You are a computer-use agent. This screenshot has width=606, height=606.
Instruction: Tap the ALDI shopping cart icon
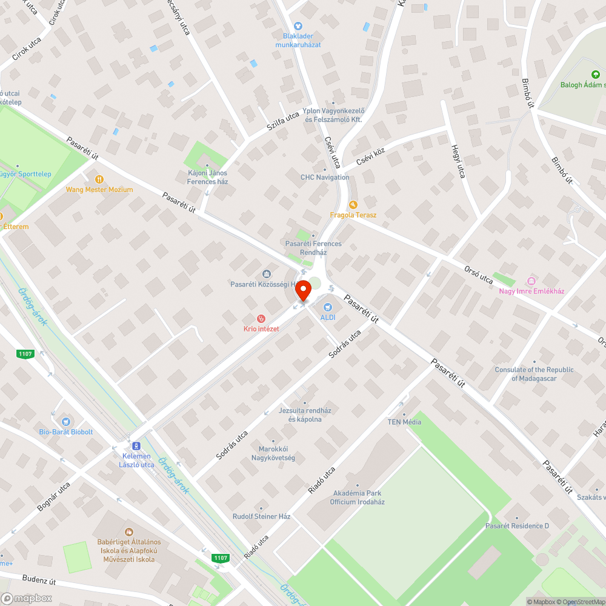328,307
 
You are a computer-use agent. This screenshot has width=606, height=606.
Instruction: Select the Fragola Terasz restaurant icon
353,205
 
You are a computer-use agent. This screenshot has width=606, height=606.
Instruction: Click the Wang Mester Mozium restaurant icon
99,179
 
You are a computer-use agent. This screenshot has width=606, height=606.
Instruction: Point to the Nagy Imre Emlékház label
531,291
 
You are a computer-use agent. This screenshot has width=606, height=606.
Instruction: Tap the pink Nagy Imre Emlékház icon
531,281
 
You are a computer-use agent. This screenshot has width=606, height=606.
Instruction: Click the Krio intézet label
261,328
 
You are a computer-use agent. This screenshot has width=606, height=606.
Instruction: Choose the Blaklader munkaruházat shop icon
298,26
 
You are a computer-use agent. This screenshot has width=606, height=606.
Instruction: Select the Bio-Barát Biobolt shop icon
66,422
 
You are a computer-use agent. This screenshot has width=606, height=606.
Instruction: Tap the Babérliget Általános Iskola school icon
128,531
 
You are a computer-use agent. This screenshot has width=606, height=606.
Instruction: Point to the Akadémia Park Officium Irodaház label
357,498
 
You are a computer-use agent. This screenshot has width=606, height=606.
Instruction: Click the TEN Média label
405,422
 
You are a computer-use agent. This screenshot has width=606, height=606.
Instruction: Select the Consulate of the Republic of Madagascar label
534,374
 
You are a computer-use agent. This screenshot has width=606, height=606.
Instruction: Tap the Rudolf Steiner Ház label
262,516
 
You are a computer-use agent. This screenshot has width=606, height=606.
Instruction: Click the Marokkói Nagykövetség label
273,454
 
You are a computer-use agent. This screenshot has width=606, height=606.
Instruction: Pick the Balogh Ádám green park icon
595,75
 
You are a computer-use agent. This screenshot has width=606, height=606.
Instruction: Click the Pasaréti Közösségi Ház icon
266,275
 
